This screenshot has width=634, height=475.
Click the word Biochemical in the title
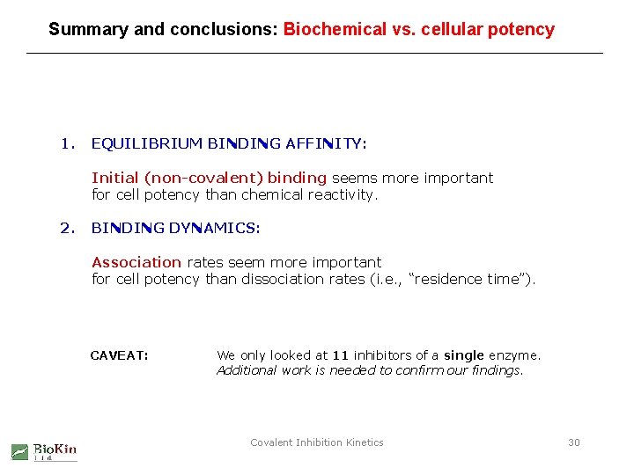(335, 29)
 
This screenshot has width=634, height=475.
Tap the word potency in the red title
(523, 30)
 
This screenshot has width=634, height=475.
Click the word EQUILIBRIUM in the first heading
(147, 143)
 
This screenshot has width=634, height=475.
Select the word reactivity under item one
(343, 194)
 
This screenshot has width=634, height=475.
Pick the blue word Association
(136, 262)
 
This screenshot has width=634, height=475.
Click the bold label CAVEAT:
(119, 355)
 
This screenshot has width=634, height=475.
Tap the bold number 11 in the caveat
(341, 355)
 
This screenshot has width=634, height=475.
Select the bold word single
(464, 355)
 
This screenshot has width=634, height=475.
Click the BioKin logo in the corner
(44, 451)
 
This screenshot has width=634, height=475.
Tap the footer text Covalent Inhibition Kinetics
(317, 442)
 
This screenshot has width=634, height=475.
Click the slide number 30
(574, 442)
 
